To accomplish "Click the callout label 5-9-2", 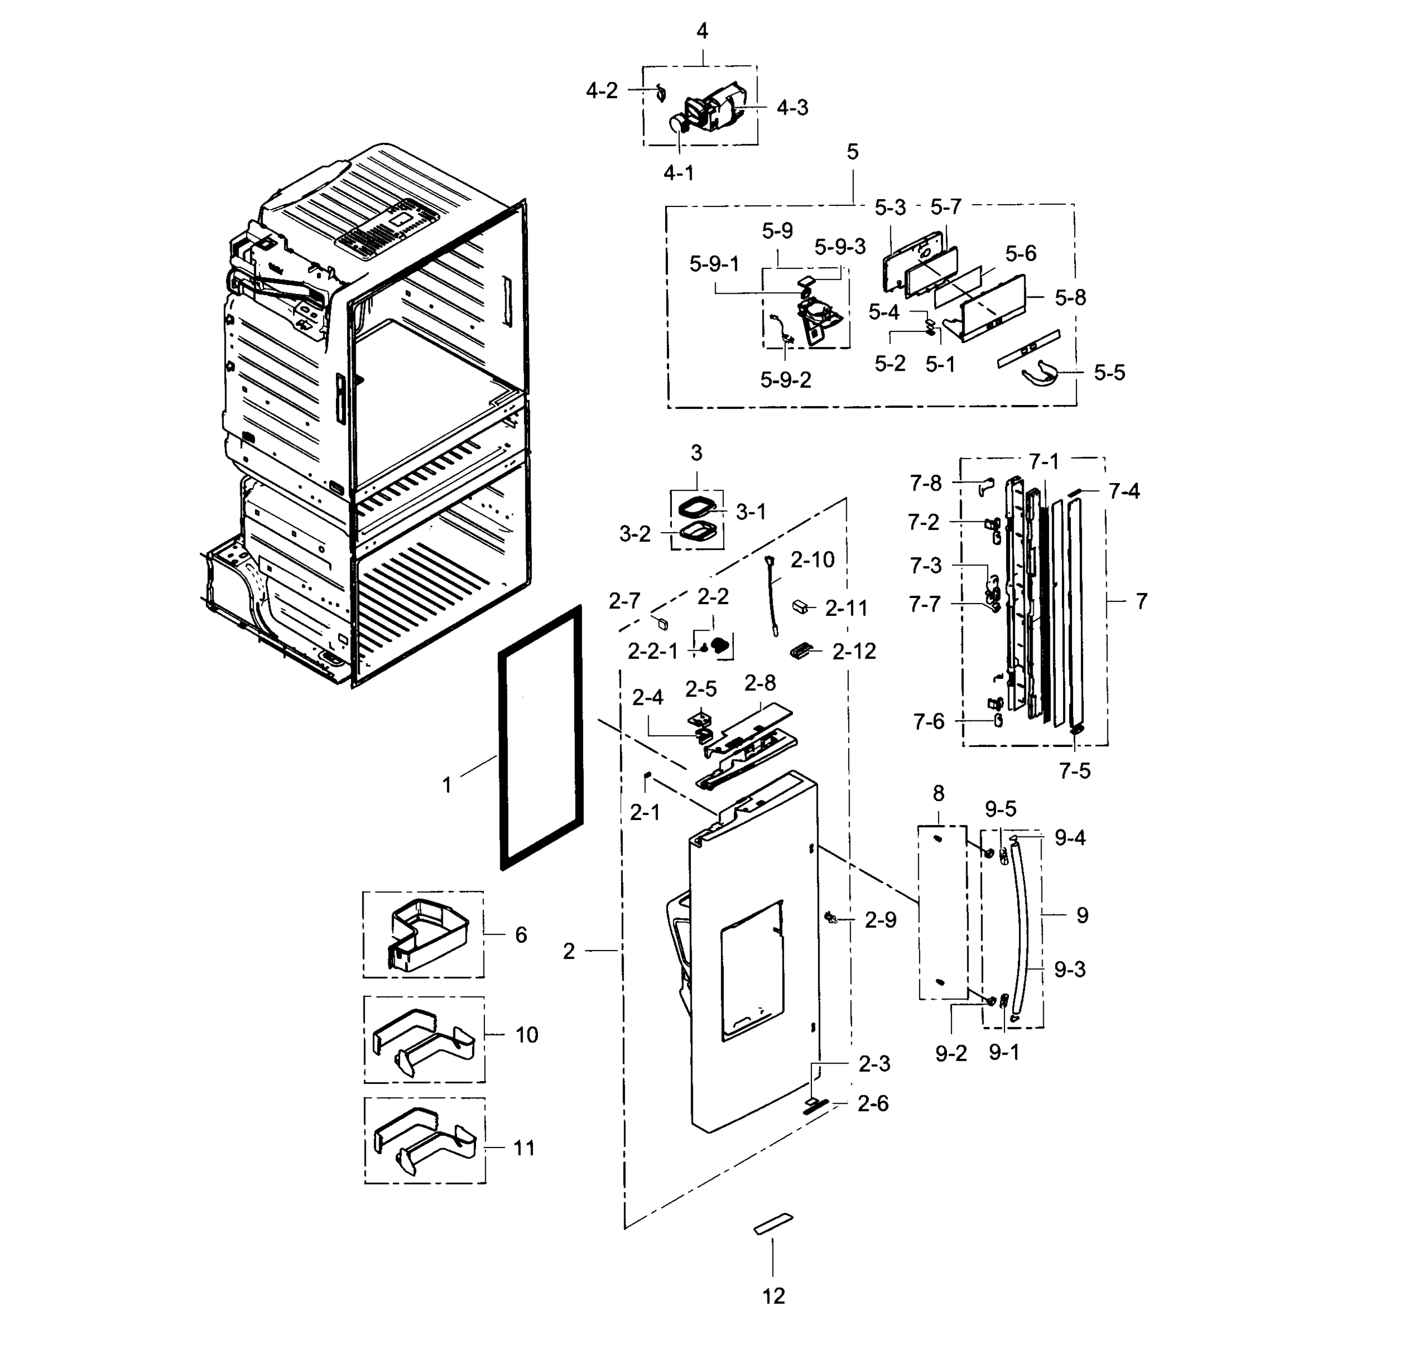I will (x=786, y=380).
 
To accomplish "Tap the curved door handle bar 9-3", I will (x=1023, y=931).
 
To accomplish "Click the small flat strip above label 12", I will (x=774, y=1224).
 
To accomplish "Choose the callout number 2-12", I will (x=854, y=651).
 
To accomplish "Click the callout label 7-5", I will (x=1074, y=771).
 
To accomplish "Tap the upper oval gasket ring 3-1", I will (x=696, y=508).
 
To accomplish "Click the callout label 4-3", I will (x=792, y=107).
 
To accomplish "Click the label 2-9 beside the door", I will (x=880, y=920).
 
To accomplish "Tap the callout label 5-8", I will (x=1070, y=297).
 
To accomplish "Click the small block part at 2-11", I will (x=800, y=606).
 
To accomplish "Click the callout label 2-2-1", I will (x=653, y=651).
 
